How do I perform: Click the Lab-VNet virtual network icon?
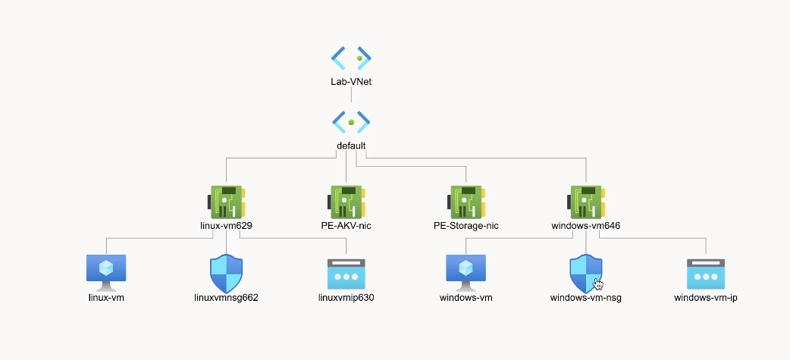coord(351,58)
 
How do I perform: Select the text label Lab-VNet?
coord(351,82)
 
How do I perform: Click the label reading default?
coord(351,146)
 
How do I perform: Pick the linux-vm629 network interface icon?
coord(225,202)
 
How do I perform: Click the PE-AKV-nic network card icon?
coord(346,202)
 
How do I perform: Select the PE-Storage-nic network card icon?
coord(466,202)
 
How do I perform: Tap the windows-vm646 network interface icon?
coord(586,202)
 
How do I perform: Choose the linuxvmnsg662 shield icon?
coord(226,274)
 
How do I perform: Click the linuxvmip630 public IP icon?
coord(346,273)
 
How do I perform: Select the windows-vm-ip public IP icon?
coord(706,273)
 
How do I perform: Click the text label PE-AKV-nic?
coord(346,226)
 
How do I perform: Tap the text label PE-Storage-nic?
coord(466,226)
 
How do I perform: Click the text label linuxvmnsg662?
coord(226,298)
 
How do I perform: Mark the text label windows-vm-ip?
coord(706,298)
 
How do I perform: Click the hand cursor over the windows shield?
coord(598,284)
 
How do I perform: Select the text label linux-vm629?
coord(225,226)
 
